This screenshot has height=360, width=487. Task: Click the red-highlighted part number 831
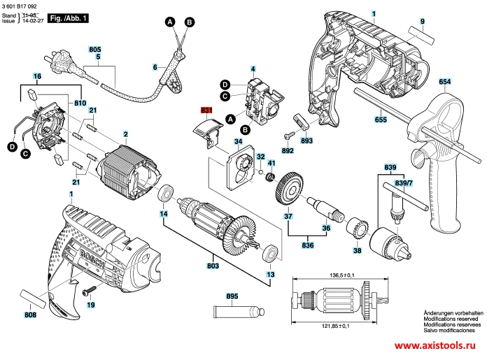click(206, 110)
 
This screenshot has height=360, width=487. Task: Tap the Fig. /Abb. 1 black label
click(66, 19)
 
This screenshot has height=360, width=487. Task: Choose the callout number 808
click(31, 315)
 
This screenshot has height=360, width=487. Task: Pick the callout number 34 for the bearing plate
click(238, 141)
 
